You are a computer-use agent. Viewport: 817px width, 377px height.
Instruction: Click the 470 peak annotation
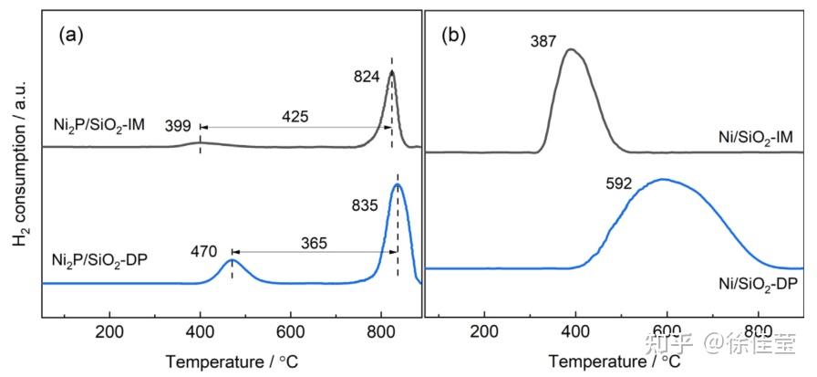pos(206,249)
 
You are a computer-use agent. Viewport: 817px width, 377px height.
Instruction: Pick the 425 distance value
pos(295,117)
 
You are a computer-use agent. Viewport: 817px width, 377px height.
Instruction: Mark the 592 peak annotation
pos(620,182)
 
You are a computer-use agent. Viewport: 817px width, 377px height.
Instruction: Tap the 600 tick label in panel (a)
pos(290,331)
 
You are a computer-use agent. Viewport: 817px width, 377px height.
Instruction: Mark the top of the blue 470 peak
pos(232,260)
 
